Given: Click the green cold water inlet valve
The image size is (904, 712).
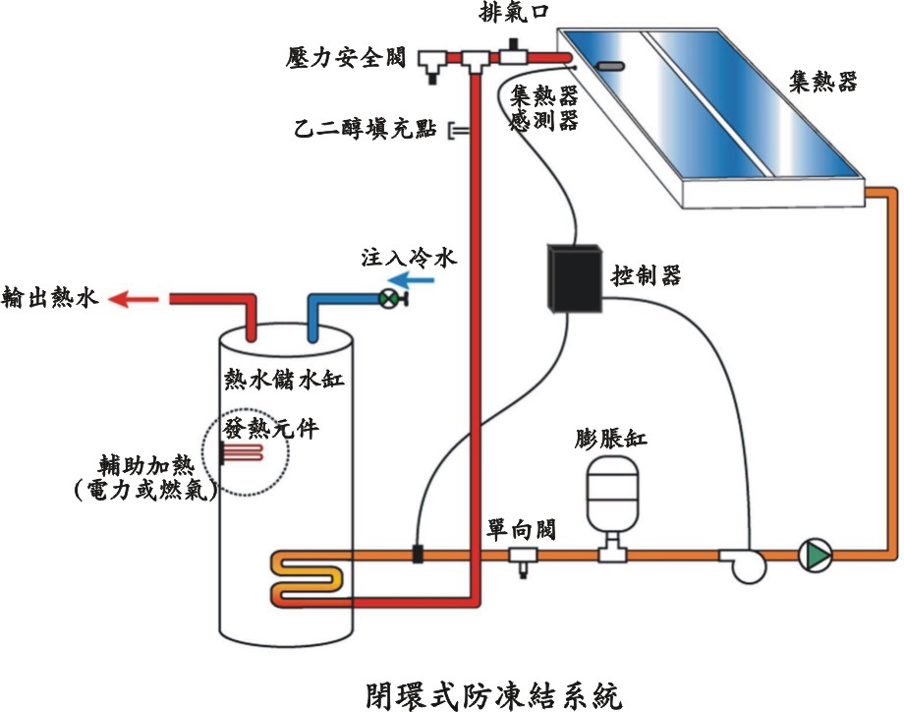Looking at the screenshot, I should point(391,298).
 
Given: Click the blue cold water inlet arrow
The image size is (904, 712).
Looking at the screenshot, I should point(422,280).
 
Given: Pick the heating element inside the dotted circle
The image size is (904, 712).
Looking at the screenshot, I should point(242,453).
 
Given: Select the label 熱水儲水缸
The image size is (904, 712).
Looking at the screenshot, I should point(284,380).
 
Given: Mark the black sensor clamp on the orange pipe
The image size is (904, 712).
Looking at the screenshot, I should point(417,554).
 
